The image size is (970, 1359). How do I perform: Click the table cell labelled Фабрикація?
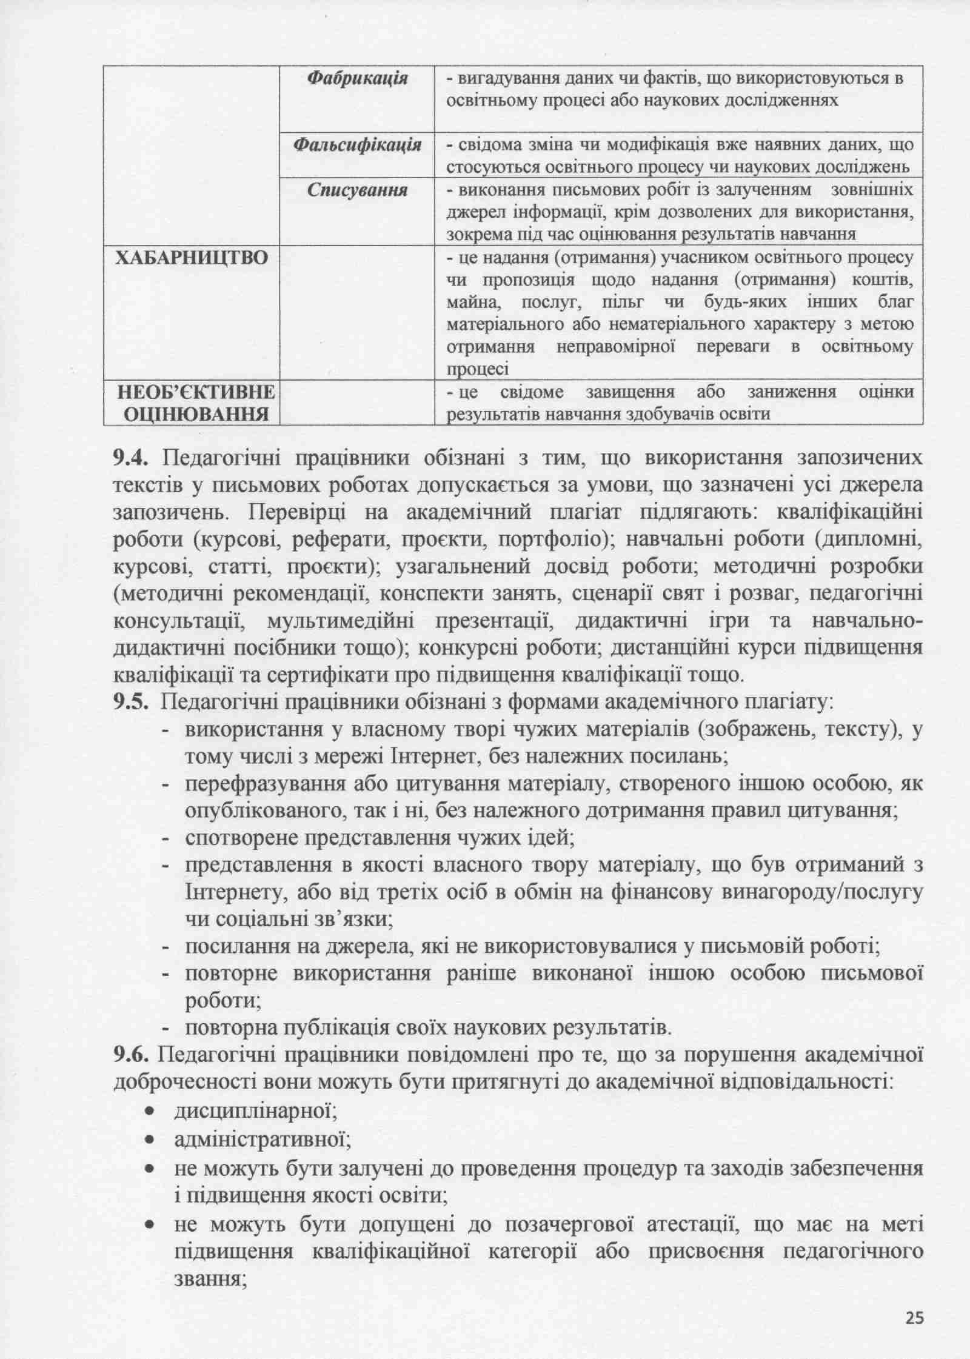click(x=356, y=78)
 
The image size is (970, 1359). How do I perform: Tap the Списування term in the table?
click(x=357, y=190)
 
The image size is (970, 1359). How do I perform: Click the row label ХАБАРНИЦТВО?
click(x=192, y=258)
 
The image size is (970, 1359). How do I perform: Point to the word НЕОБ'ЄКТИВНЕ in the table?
click(x=195, y=392)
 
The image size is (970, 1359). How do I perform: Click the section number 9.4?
click(x=130, y=458)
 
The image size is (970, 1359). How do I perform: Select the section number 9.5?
click(x=130, y=703)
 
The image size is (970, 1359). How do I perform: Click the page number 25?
click(x=915, y=1317)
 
